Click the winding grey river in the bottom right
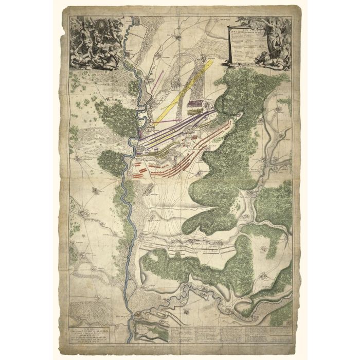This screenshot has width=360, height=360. (247, 309)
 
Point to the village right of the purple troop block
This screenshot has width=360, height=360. (211, 101)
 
